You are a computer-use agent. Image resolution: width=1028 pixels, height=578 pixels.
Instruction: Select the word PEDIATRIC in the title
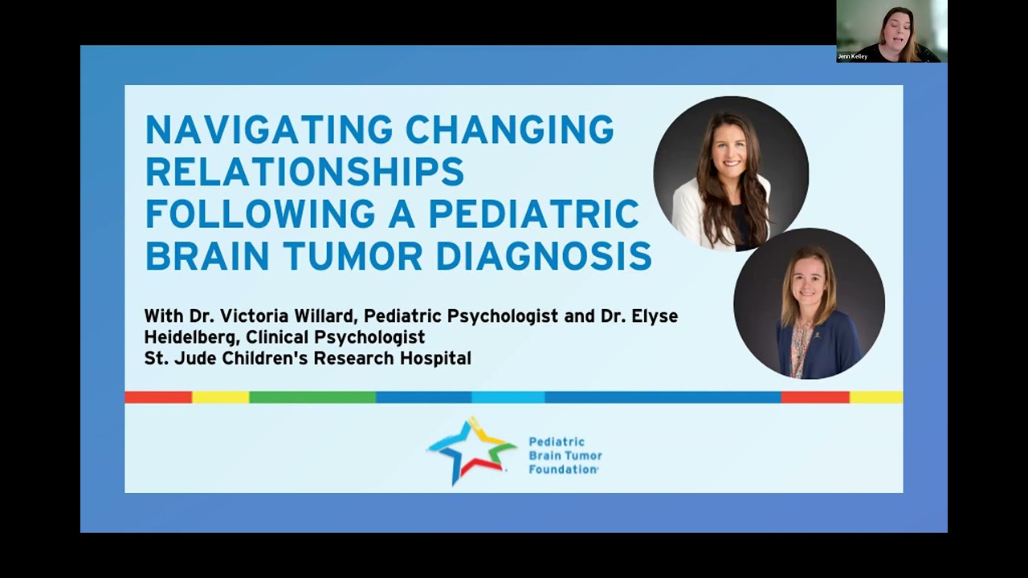533,214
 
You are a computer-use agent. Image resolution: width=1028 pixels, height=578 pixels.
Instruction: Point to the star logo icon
471,451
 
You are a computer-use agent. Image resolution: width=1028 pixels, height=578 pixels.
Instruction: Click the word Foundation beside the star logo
562,469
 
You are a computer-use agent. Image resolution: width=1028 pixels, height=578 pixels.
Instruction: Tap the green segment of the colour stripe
312,397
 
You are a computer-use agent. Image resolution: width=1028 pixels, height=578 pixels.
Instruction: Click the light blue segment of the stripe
508,397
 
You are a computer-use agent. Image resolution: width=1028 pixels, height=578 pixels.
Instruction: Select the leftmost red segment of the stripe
158,397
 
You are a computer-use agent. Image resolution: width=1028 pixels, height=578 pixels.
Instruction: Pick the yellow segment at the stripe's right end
875,397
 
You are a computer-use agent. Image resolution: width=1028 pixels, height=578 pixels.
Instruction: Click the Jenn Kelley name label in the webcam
852,57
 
